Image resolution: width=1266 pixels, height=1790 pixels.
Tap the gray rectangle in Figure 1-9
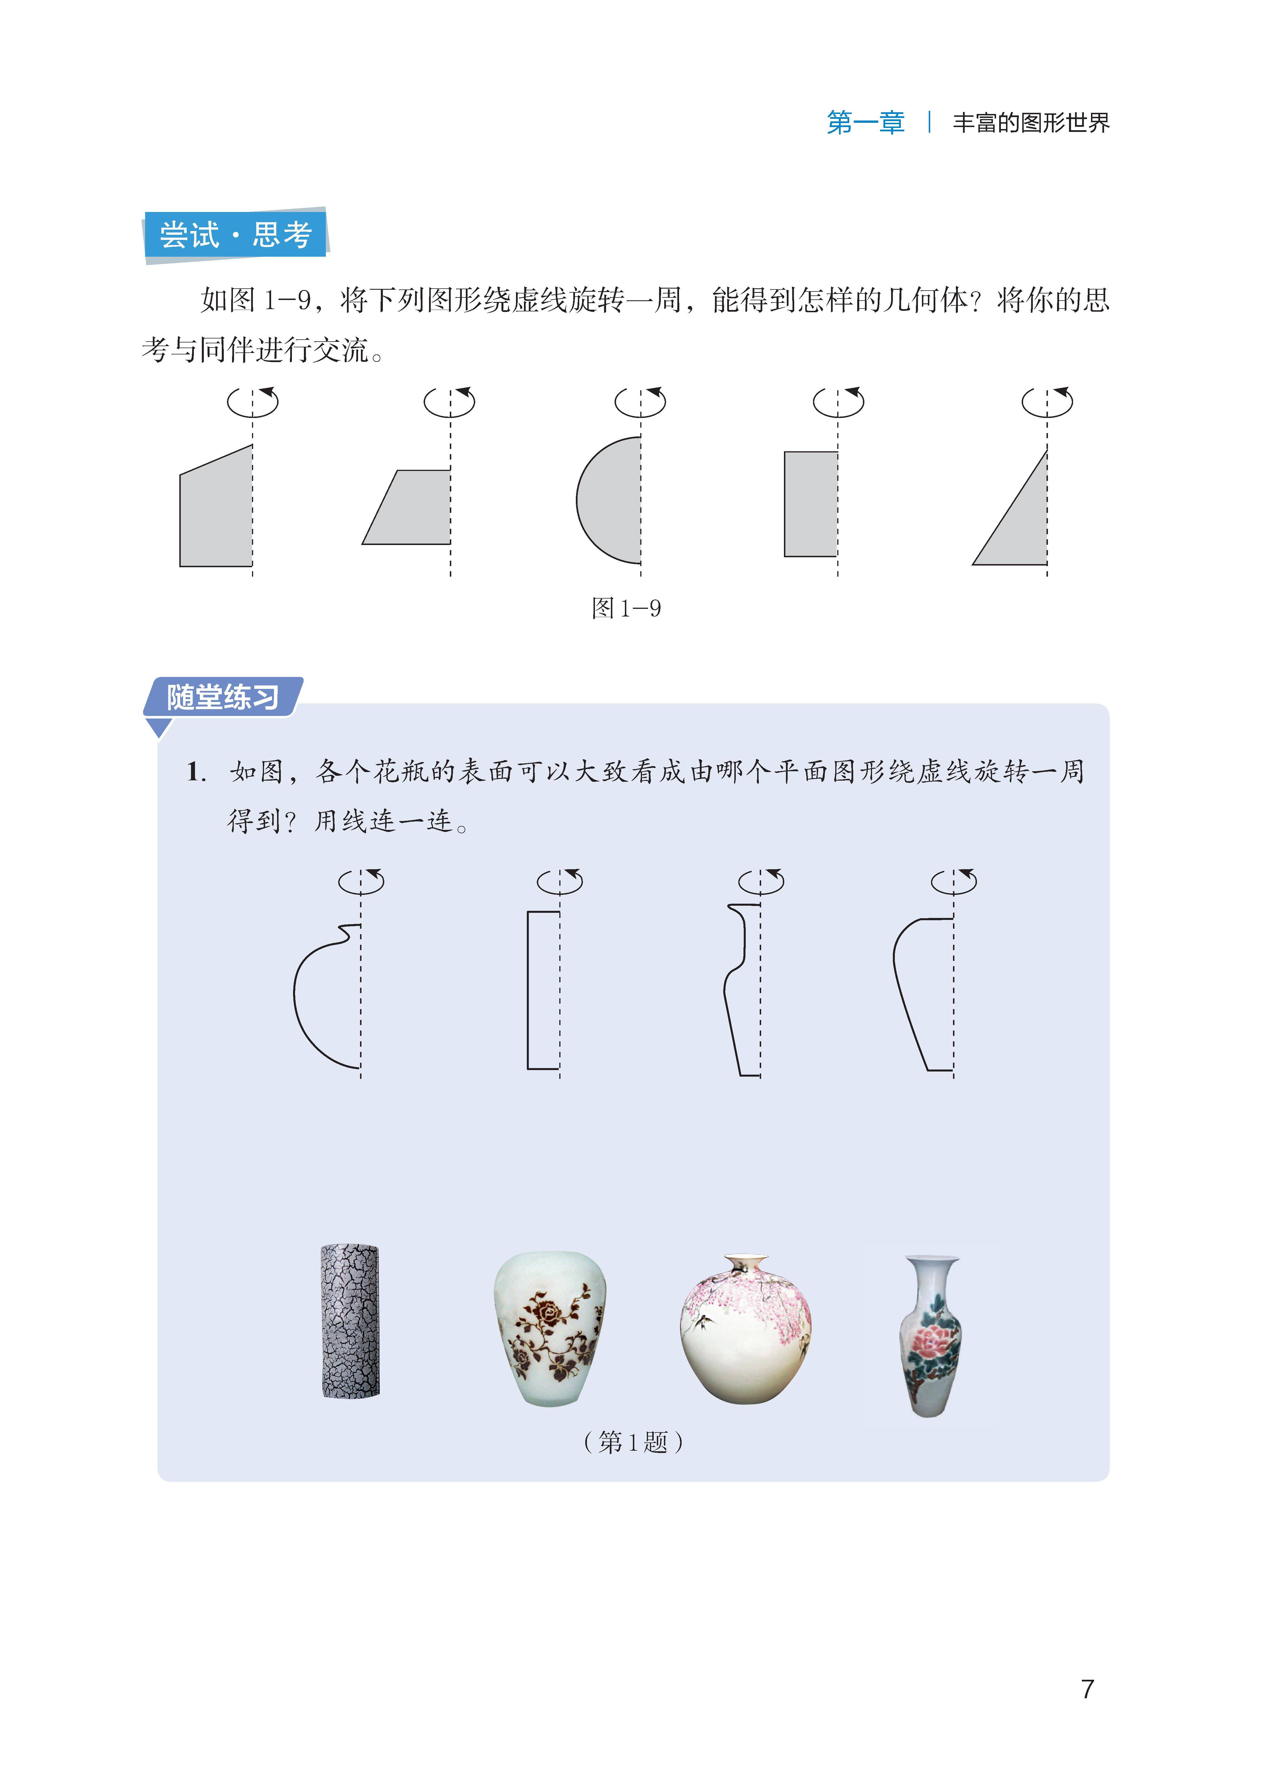point(811,504)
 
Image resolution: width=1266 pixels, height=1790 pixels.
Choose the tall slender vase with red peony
point(930,1335)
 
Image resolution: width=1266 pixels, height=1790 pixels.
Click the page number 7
point(1087,1689)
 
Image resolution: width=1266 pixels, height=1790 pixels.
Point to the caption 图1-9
point(626,608)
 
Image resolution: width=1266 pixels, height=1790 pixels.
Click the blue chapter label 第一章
point(866,123)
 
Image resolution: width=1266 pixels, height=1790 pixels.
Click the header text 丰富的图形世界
point(1031,123)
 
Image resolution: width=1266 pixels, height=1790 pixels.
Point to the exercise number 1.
point(196,772)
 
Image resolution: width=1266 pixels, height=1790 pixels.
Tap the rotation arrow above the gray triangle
point(1048,401)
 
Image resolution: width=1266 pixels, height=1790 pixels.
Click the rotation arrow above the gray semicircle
point(640,401)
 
